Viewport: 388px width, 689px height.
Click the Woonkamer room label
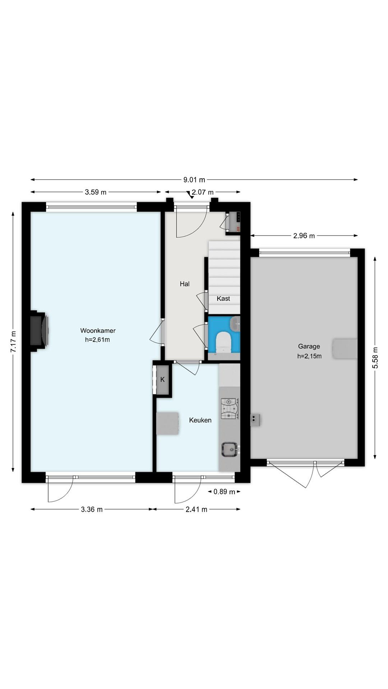tap(98, 330)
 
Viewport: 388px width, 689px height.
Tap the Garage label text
tap(309, 346)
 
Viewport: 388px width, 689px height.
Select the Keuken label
tap(200, 420)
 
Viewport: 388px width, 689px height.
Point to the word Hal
tap(184, 284)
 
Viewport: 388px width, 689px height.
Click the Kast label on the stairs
tap(223, 299)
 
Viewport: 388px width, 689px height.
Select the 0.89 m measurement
tap(224, 492)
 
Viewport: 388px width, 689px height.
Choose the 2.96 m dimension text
tap(304, 236)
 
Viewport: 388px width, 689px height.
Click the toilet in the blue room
tap(223, 342)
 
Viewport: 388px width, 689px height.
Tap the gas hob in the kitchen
tap(229, 408)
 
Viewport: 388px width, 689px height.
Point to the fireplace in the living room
tap(39, 331)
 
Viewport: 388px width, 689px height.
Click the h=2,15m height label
tap(309, 356)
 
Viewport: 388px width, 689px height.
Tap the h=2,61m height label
tap(97, 340)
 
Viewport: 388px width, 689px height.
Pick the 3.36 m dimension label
tap(92, 509)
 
